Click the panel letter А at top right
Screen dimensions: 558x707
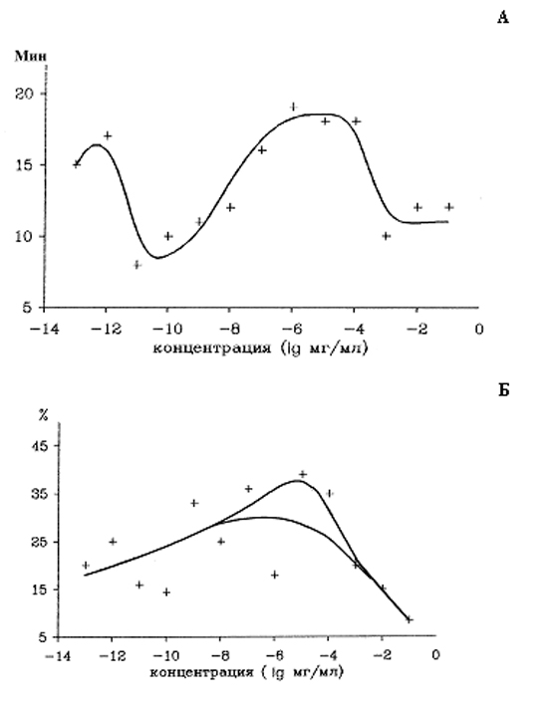(503, 17)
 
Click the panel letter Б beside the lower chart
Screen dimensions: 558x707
(504, 390)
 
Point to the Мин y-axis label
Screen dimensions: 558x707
(31, 57)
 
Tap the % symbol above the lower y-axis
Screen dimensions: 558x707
(43, 415)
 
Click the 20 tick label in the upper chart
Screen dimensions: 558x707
(25, 94)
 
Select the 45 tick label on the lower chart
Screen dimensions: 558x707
(38, 445)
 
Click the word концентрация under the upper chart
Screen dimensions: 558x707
(212, 349)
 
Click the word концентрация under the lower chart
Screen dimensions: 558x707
(201, 672)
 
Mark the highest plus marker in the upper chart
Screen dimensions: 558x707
(293, 107)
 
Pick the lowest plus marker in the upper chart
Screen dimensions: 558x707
(138, 265)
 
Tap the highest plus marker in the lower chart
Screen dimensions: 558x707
(303, 474)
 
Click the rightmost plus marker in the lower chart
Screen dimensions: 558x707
(410, 620)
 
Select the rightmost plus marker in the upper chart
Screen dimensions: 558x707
(448, 207)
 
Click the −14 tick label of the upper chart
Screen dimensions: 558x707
(44, 330)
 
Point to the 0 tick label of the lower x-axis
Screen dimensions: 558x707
(435, 654)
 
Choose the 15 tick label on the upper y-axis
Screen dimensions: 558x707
(25, 165)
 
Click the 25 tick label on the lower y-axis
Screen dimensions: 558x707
(38, 542)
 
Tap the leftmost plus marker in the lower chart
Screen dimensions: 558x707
(86, 565)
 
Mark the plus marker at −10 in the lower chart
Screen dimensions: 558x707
(166, 592)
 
